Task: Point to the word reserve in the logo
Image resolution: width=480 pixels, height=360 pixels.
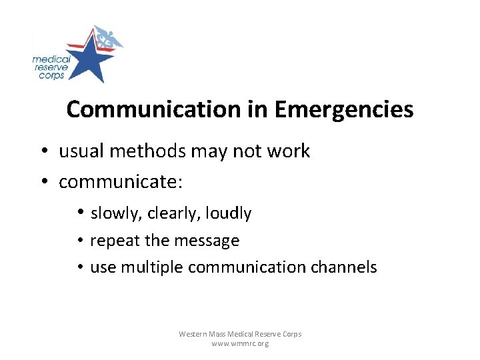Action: click(49, 67)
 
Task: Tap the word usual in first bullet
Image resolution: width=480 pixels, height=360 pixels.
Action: click(82, 151)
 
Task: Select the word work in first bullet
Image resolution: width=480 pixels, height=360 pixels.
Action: click(289, 151)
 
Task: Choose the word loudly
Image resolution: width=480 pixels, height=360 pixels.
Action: click(228, 214)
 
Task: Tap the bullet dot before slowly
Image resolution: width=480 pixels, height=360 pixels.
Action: click(79, 213)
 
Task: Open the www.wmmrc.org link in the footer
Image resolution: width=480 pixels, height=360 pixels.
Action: click(240, 344)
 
